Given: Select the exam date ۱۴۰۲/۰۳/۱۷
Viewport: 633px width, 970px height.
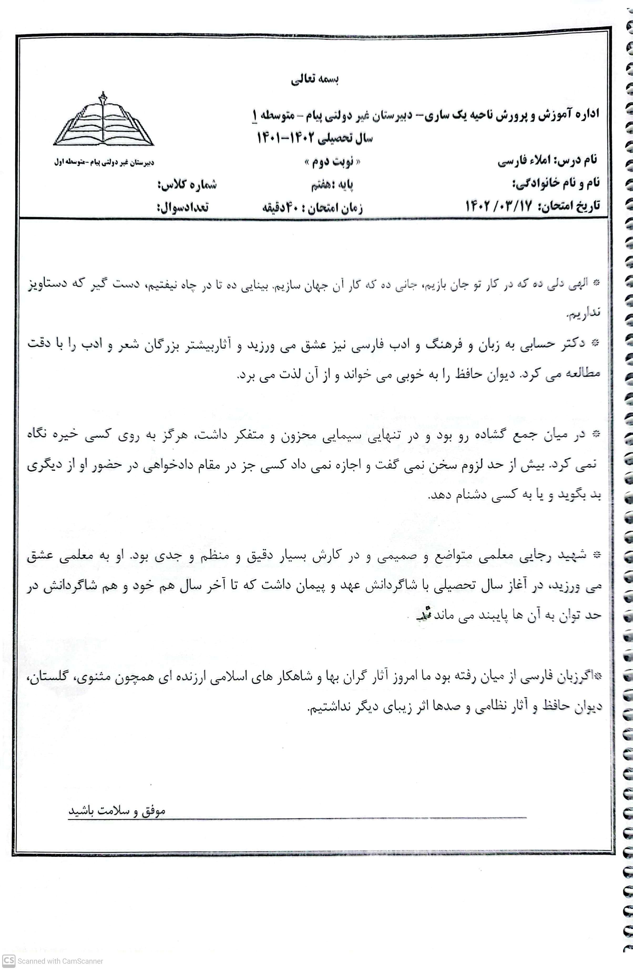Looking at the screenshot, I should click(498, 206).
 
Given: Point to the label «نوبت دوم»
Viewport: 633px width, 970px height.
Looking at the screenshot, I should click(332, 163).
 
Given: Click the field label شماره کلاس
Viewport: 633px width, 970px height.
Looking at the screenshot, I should click(187, 185).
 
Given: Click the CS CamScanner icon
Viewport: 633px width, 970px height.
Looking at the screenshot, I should click(9, 961).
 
